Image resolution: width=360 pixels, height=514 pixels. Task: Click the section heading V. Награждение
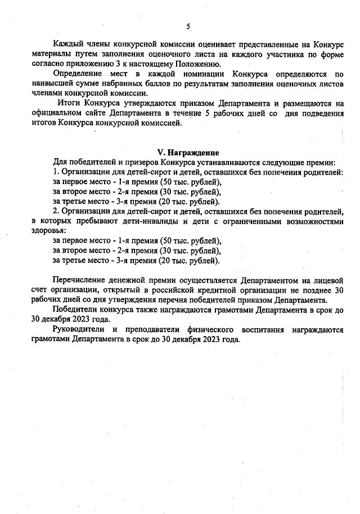[187, 153]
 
